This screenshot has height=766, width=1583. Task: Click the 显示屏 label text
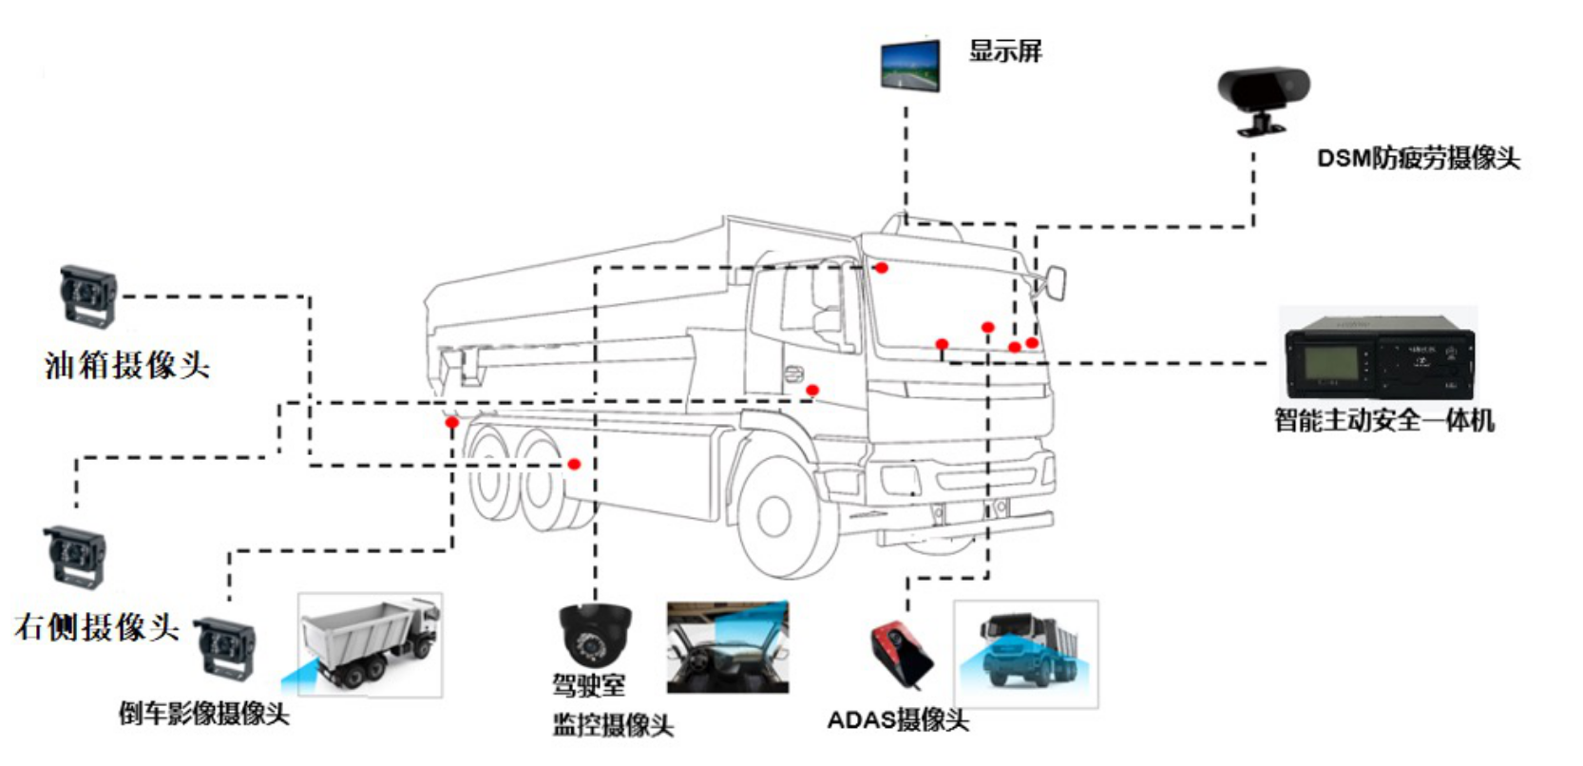coord(1005,51)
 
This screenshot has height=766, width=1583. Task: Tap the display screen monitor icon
coord(910,65)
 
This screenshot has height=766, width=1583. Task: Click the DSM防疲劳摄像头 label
coord(1418,159)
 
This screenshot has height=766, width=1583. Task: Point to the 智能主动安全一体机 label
coord(1383,420)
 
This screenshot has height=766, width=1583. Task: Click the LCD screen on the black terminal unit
coord(1330,363)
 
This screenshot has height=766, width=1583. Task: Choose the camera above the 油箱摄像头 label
coord(88,296)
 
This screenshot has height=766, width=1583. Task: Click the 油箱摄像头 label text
coord(127,365)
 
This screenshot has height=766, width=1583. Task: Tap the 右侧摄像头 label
coord(97,627)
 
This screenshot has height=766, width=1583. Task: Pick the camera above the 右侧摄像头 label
coord(74,556)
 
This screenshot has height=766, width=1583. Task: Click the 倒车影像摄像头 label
coord(203,713)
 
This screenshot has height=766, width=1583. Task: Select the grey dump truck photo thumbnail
coord(370,645)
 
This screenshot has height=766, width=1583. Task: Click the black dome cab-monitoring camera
coord(595,635)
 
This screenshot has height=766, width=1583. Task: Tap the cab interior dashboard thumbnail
coord(727,646)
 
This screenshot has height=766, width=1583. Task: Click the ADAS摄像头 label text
coord(897,720)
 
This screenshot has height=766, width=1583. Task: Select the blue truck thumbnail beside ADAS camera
coord(1025,653)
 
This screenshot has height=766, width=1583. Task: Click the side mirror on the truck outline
coord(1055,282)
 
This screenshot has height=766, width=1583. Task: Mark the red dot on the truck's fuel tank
coord(574,464)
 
